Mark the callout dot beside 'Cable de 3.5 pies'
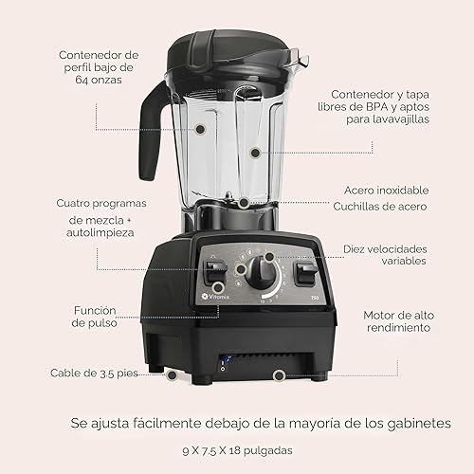(172, 374)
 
